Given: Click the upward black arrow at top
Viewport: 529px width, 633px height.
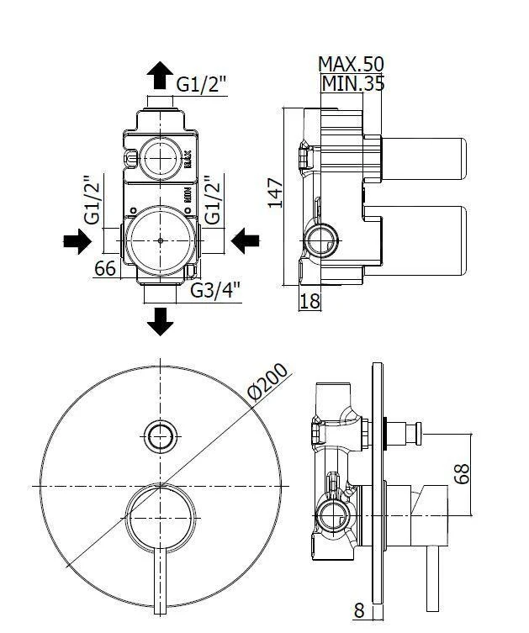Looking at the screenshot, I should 158,76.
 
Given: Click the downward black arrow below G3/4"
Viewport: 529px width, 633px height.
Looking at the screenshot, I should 159,320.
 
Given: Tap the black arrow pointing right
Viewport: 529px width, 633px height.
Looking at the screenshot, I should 77,243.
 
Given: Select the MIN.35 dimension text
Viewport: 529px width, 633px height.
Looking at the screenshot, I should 353,83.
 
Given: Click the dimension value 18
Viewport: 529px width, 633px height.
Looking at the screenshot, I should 310,300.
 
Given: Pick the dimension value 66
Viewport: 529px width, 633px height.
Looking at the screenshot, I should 104,269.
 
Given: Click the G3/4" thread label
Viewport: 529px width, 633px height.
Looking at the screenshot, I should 215,290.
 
